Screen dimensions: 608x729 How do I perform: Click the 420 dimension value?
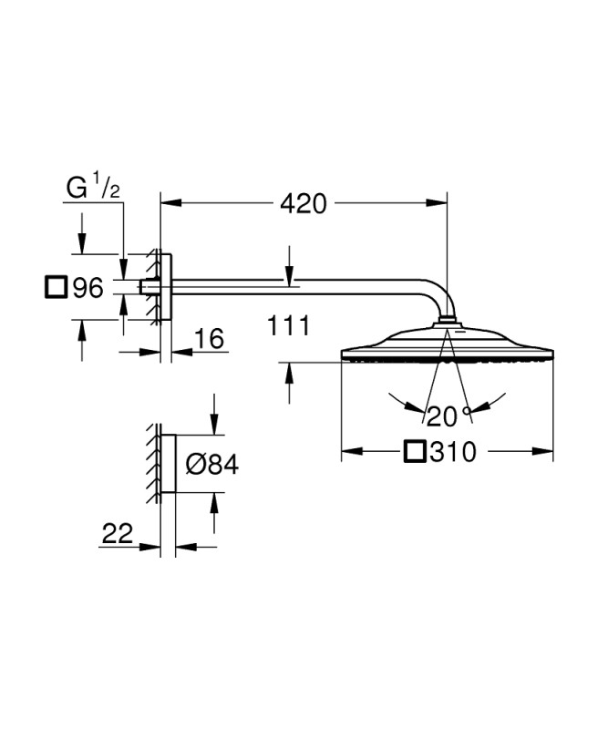(x=304, y=203)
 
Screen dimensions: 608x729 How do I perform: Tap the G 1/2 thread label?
(x=93, y=186)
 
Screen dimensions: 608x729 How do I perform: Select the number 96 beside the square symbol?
(x=88, y=288)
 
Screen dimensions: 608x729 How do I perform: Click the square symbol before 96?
(x=57, y=287)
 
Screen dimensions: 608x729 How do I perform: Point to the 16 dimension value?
(x=209, y=338)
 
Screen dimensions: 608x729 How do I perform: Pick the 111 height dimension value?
(x=288, y=325)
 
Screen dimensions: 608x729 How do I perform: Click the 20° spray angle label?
(x=448, y=416)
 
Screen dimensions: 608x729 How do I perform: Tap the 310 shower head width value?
(x=453, y=451)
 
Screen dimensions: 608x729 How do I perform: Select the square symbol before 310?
(x=415, y=451)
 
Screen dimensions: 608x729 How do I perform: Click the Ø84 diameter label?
(x=212, y=464)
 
